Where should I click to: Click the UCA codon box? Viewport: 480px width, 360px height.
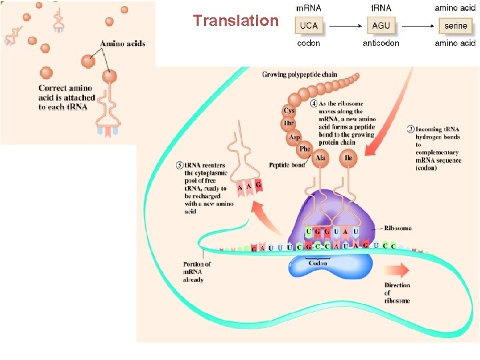[309, 25]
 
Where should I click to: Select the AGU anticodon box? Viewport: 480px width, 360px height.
[381, 25]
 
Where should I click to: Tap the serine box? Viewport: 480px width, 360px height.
[455, 26]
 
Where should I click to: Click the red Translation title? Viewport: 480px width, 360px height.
[236, 21]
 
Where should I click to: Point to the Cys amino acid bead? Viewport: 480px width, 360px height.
[289, 111]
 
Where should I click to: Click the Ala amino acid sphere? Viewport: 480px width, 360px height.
[320, 158]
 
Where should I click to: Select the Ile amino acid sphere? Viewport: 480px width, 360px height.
[349, 158]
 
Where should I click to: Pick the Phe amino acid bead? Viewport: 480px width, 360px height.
[305, 149]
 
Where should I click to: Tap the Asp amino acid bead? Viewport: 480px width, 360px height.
[294, 137]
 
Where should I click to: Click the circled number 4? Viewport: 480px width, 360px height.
[314, 103]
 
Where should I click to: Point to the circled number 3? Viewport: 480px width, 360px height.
[411, 129]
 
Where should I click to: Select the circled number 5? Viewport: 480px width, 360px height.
[180, 165]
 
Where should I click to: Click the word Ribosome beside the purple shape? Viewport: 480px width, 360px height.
[397, 228]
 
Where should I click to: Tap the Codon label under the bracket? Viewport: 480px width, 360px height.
[318, 263]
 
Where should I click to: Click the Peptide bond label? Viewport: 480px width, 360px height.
[287, 165]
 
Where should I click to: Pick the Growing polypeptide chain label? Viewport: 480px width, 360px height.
[299, 75]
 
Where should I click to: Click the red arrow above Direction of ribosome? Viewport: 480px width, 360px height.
[397, 270]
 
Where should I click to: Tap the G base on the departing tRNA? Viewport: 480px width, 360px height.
[259, 185]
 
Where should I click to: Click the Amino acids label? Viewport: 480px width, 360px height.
[123, 43]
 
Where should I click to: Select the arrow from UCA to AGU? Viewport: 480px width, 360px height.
[345, 26]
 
